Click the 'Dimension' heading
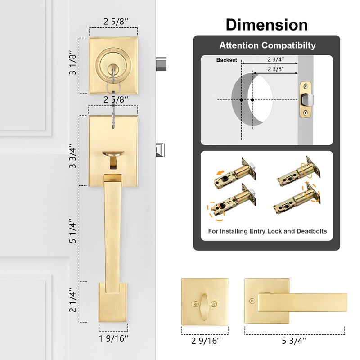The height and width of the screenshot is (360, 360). click(x=267, y=25)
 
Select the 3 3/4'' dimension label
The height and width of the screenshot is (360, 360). click(x=72, y=156)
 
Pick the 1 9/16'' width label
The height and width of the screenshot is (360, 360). click(x=114, y=338)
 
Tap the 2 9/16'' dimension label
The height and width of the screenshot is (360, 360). click(x=206, y=341)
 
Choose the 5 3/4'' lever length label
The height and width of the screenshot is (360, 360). click(x=294, y=341)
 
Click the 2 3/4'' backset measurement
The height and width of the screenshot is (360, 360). click(x=276, y=59)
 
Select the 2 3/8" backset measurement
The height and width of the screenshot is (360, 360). click(x=276, y=69)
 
